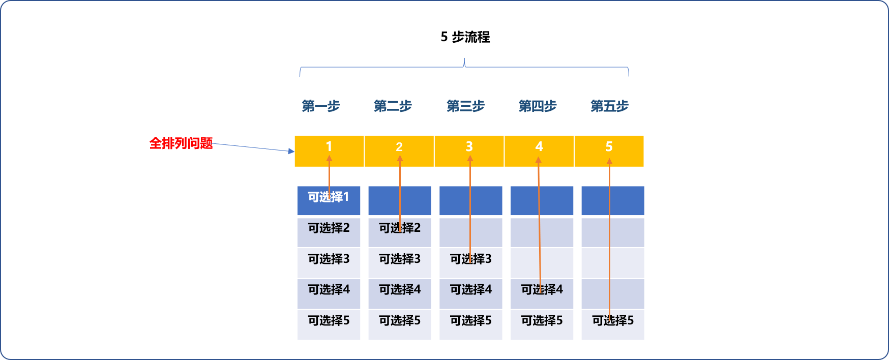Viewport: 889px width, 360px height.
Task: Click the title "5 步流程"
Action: tap(465, 37)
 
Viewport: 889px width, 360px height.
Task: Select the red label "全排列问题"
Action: tap(181, 143)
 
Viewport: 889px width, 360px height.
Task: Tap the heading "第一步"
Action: tap(320, 106)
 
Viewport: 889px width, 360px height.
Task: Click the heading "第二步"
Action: tap(393, 106)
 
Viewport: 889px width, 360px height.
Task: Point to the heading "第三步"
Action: tap(465, 106)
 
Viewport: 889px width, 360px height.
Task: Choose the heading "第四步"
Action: tap(538, 106)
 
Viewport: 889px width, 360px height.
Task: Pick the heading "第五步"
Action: tap(609, 106)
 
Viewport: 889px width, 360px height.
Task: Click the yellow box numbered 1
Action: tap(329, 151)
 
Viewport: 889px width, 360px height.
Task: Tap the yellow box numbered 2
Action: tap(399, 151)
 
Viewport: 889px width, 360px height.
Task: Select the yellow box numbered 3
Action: tap(469, 151)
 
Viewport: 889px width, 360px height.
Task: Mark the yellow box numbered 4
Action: tap(539, 151)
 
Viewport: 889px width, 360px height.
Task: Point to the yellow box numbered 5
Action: tap(609, 151)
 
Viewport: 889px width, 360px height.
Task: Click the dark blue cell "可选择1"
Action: tap(329, 200)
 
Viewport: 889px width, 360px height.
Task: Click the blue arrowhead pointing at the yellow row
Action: tap(291, 151)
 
